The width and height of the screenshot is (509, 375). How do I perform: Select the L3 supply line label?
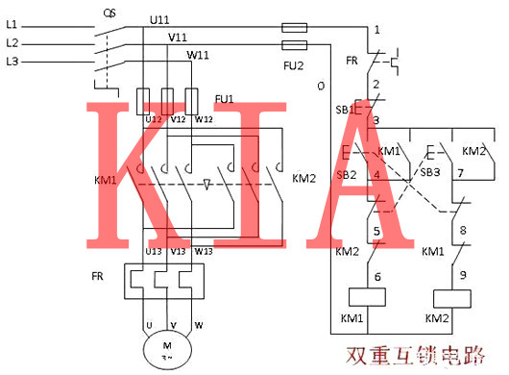point(12,62)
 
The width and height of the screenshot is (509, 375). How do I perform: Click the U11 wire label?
point(161,19)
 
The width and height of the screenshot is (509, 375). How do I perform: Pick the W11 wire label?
point(198,55)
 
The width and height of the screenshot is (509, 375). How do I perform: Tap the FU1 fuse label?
point(224,99)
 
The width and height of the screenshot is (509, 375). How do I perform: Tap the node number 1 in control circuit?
point(377,29)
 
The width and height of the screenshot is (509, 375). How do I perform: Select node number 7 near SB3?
point(461,173)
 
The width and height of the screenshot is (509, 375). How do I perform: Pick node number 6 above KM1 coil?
point(377,276)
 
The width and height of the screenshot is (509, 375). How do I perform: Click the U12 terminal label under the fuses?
point(153,119)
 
